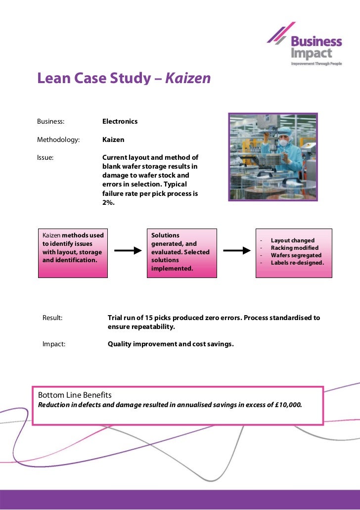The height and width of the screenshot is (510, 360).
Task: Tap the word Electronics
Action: point(120,121)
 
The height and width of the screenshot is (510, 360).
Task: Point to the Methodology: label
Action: point(58,140)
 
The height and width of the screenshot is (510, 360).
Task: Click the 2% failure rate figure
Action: point(108,202)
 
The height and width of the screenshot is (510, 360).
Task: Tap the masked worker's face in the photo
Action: point(283,140)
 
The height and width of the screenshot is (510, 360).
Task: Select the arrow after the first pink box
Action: point(128,251)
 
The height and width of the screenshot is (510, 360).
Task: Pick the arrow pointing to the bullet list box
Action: point(237,251)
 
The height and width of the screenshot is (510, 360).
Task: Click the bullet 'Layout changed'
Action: point(292,240)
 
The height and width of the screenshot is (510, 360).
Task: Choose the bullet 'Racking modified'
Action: point(294,248)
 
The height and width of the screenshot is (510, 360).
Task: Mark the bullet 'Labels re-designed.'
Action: point(297,263)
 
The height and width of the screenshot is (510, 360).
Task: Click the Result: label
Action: point(52,318)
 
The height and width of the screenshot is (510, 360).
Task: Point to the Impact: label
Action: point(54,344)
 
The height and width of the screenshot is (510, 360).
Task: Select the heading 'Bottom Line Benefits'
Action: point(75,395)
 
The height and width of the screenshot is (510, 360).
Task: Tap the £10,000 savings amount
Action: point(288,405)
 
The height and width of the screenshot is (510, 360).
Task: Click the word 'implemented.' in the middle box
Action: point(172,269)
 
